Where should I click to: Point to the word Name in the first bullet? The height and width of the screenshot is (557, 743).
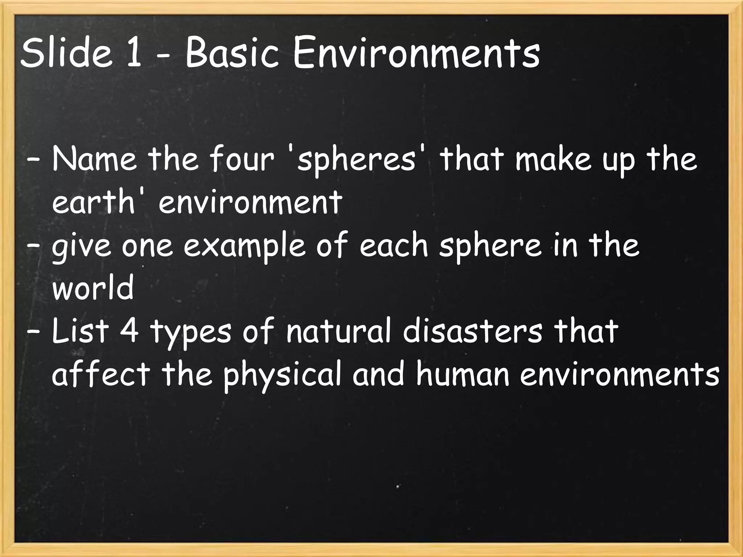click(95, 160)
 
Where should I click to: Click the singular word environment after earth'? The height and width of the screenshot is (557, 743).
click(250, 202)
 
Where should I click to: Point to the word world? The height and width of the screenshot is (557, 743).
click(93, 288)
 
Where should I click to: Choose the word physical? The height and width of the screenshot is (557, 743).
click(283, 375)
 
